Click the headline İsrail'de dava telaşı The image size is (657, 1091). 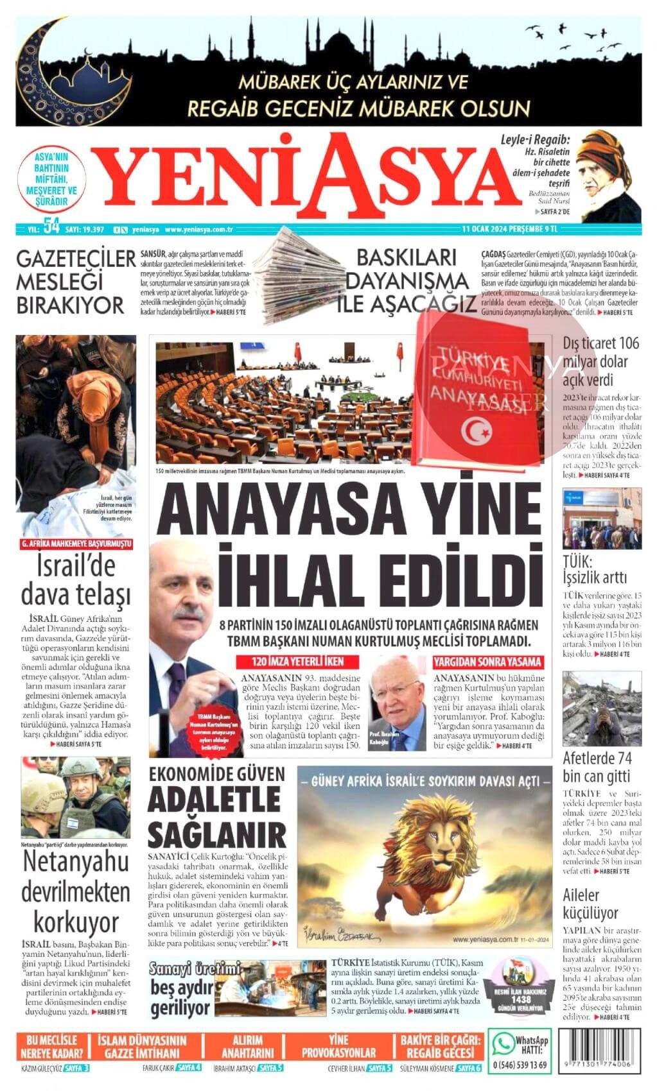coord(76,581)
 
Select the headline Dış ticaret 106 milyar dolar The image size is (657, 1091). coord(601,361)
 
